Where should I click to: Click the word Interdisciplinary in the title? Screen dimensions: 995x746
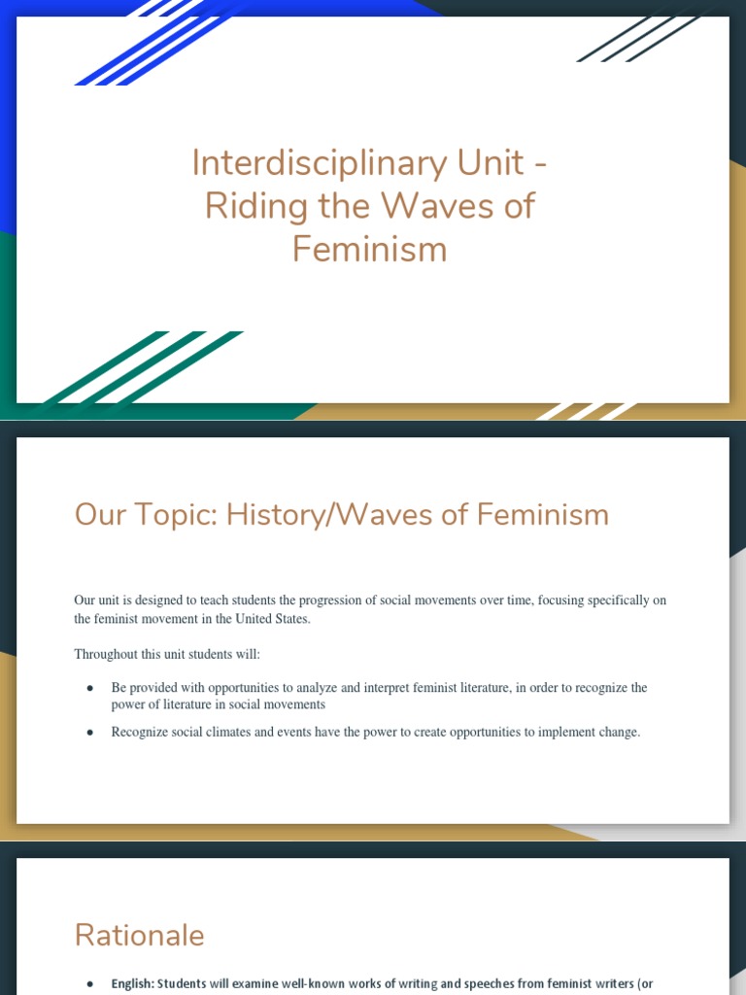[289, 162]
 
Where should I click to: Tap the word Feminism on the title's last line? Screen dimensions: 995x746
[369, 249]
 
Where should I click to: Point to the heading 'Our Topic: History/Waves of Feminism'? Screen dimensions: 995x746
[341, 514]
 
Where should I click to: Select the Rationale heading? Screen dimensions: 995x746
[139, 935]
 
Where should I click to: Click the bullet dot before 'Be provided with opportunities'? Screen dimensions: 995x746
[90, 688]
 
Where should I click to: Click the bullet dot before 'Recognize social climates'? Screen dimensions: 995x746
[90, 733]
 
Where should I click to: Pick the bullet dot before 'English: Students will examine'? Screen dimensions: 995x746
[90, 984]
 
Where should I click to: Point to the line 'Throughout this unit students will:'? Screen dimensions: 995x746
[167, 654]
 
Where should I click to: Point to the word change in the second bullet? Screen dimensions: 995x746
[615, 733]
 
